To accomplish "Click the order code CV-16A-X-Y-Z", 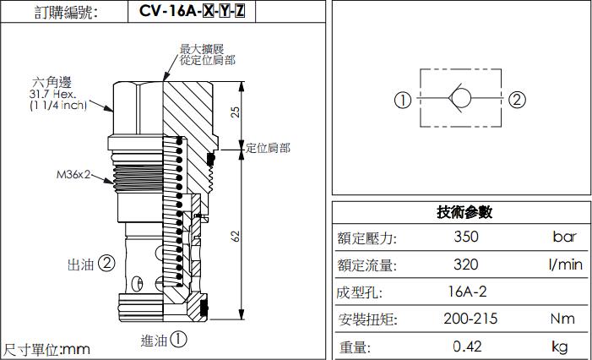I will click(192, 13).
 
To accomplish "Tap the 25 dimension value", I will click(236, 112).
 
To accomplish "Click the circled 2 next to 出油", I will click(106, 263).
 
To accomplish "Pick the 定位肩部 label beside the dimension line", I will click(268, 148).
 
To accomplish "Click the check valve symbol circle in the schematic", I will click(461, 99).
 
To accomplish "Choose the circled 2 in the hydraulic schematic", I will click(517, 100).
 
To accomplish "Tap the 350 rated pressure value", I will click(466, 237).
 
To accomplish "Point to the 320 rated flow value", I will click(466, 265).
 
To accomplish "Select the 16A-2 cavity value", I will click(466, 292).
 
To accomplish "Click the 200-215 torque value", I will click(470, 319).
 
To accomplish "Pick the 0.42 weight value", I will click(466, 346).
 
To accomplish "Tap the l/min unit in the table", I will click(564, 265).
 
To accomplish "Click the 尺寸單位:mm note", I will click(47, 349).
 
